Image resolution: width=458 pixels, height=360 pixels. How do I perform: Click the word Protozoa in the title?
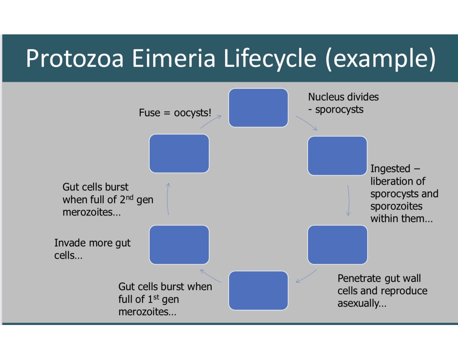click(x=75, y=59)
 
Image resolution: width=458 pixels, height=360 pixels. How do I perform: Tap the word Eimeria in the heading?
click(x=174, y=59)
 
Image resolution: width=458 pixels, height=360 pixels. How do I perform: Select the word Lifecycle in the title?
click(x=270, y=59)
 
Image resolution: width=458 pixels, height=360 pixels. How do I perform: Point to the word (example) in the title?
click(x=381, y=59)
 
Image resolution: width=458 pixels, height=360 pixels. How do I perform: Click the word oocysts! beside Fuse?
click(x=192, y=113)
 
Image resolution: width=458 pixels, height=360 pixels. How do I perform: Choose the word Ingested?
click(x=390, y=169)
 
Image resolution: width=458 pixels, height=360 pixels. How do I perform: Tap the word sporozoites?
click(x=396, y=206)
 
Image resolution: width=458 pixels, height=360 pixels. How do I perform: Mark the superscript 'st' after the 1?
click(x=156, y=297)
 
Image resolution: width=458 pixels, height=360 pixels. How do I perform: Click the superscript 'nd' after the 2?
click(x=130, y=197)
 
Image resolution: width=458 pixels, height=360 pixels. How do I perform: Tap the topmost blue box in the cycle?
click(x=258, y=108)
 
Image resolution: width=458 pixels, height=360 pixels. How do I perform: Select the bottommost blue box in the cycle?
click(x=258, y=291)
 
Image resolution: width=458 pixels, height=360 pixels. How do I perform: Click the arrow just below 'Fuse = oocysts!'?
click(x=211, y=122)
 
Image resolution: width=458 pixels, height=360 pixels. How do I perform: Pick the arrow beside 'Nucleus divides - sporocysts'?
click(x=307, y=123)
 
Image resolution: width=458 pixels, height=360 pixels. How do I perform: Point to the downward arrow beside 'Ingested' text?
click(x=348, y=200)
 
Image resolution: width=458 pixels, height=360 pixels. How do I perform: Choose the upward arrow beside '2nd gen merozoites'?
click(x=168, y=199)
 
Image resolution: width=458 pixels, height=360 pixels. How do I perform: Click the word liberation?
click(x=397, y=181)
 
